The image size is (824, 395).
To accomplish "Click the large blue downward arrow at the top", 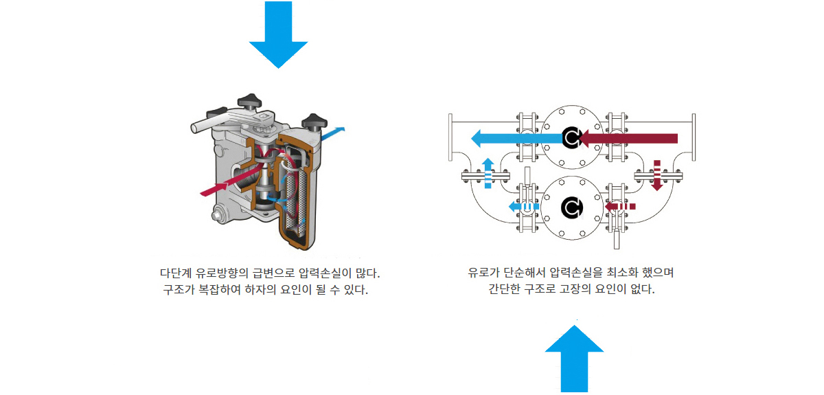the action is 278,35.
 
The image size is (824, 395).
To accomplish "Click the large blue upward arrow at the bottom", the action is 574,359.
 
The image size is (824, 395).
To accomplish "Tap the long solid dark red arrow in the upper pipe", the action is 628,138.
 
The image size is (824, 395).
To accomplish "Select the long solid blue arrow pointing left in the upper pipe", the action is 517,138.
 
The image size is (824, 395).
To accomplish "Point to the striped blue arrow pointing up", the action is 488,173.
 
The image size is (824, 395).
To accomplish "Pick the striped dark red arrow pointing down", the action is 657,176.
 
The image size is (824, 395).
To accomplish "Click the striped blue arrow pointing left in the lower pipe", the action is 524,207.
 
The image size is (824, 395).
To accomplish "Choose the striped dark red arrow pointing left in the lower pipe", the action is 620,206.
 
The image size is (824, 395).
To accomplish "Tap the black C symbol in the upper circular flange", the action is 571,137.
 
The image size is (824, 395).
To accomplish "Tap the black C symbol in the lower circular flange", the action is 571,207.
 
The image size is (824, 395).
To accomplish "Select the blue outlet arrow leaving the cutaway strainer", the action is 333,133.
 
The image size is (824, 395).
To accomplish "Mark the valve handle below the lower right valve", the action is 617,238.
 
